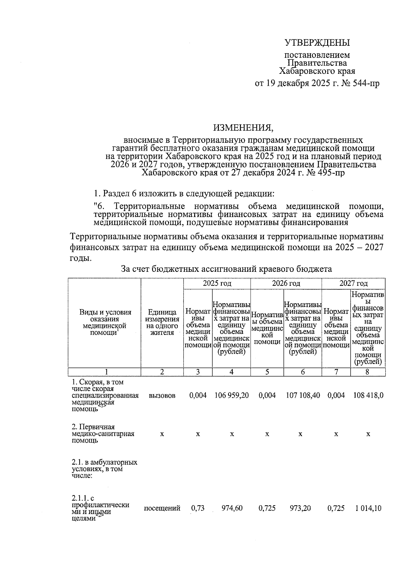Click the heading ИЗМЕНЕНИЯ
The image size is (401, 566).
[243, 127]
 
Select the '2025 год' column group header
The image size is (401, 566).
[217, 284]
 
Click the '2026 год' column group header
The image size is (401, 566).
[286, 284]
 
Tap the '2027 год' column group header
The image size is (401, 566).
[353, 284]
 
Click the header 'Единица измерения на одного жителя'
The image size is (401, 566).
[162, 322]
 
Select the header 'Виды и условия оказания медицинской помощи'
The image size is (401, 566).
[105, 322]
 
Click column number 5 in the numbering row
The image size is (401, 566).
[267, 372]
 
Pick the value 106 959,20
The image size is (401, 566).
[231, 395]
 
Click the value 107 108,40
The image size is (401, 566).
[303, 395]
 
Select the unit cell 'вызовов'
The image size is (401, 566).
[162, 395]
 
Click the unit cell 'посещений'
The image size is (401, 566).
[162, 508]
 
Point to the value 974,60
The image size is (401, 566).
[232, 508]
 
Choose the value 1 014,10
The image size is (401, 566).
[368, 508]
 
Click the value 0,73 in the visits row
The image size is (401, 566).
[197, 508]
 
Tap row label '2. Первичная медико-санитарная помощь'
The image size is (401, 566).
[103, 434]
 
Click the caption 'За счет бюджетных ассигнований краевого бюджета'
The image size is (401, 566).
[226, 269]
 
